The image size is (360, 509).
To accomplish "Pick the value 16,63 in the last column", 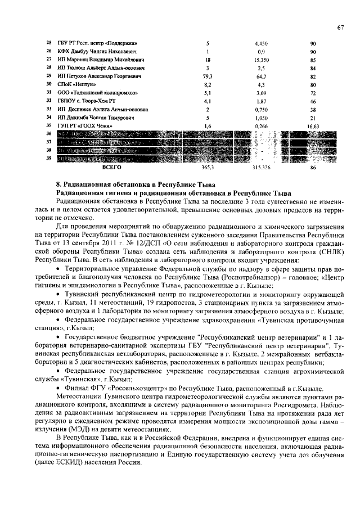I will click(313, 126).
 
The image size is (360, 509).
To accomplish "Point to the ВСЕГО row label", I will click(112, 167).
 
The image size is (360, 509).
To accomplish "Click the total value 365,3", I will click(208, 167).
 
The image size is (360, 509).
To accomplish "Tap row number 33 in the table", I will click(49, 109).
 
